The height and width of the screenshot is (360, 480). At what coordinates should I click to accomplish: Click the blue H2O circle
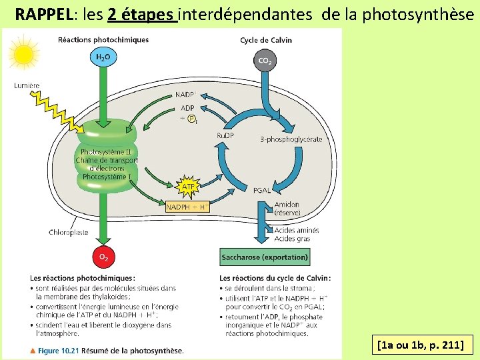tap(103, 57)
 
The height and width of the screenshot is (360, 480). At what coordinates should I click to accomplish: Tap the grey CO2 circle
tap(265, 61)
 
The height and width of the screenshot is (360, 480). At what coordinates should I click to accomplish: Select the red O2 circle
tap(103, 257)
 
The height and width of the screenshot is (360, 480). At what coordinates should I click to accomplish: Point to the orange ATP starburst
tap(189, 187)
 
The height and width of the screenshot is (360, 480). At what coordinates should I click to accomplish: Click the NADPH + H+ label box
tap(187, 207)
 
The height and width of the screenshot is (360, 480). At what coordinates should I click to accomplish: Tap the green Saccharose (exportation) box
tap(265, 257)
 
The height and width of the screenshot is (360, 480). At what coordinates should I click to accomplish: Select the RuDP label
tap(225, 136)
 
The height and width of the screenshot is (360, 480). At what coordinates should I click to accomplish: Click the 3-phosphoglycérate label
tap(291, 139)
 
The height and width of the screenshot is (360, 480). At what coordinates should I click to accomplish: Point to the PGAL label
tap(262, 190)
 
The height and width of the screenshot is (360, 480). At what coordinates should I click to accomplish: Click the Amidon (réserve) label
tap(287, 209)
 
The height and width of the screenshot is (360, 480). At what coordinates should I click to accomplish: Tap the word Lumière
tap(27, 85)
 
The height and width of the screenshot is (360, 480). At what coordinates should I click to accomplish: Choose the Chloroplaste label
tap(68, 232)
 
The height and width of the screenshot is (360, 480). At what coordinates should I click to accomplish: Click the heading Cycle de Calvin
tap(266, 40)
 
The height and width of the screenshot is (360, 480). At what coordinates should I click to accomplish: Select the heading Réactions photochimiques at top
tap(103, 40)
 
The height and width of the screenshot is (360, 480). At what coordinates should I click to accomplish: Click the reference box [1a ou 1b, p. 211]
tap(425, 345)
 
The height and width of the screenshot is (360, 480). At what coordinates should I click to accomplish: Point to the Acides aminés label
tap(296, 230)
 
